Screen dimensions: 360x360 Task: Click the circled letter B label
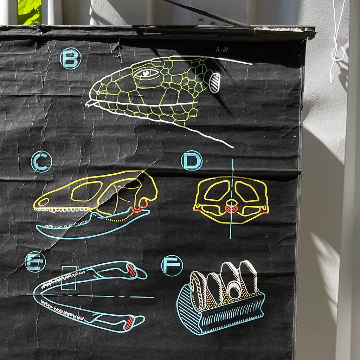pyautogui.click(x=70, y=59)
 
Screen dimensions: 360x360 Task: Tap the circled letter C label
pyautogui.click(x=41, y=162)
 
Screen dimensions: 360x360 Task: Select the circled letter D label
pyautogui.click(x=192, y=160)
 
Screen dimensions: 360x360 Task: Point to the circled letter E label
pyautogui.click(x=35, y=262)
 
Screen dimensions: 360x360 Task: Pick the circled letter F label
pyautogui.click(x=172, y=266)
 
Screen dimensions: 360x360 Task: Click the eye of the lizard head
pyautogui.click(x=146, y=73)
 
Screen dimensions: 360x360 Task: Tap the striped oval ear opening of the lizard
pyautogui.click(x=215, y=83)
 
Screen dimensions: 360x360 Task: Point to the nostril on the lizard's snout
pyautogui.click(x=98, y=93)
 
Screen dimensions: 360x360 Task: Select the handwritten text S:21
pyautogui.click(x=221, y=50)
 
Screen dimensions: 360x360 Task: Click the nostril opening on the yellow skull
pyautogui.click(x=43, y=202)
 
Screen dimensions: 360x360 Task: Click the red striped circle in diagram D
pyautogui.click(x=231, y=209)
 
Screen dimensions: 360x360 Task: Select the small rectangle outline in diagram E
pyautogui.click(x=69, y=278)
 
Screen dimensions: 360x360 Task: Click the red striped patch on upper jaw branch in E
pyautogui.click(x=132, y=271)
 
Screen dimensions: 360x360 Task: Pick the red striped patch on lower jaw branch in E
pyautogui.click(x=129, y=323)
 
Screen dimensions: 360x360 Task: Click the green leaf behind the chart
pyautogui.click(x=30, y=12)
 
